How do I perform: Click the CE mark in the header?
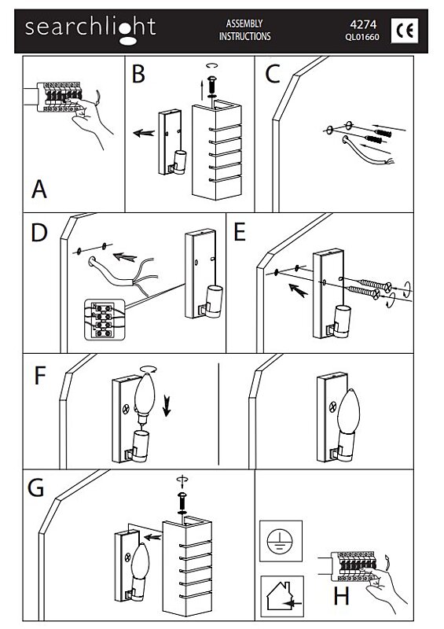pyautogui.click(x=404, y=31)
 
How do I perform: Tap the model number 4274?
pyautogui.click(x=363, y=24)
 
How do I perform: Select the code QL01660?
pyautogui.click(x=361, y=37)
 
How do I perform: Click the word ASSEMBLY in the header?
pyautogui.click(x=244, y=24)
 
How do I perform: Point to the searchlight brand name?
pyautogui.click(x=90, y=29)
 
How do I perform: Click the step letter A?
pyautogui.click(x=39, y=189)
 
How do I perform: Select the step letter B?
pyautogui.click(x=138, y=74)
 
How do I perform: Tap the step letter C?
pyautogui.click(x=273, y=74)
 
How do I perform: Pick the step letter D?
pyautogui.click(x=39, y=233)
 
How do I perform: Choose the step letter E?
pyautogui.click(x=240, y=232)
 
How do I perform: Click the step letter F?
pyautogui.click(x=40, y=376)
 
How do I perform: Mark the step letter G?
pyautogui.click(x=35, y=488)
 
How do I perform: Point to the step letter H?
pyautogui.click(x=341, y=596)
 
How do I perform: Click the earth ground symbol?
pyautogui.click(x=280, y=541)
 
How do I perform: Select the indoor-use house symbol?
pyautogui.click(x=282, y=596)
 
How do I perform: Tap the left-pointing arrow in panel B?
pyautogui.click(x=144, y=133)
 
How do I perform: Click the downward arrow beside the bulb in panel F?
pyautogui.click(x=167, y=406)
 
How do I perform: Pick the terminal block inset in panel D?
pyautogui.click(x=105, y=320)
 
